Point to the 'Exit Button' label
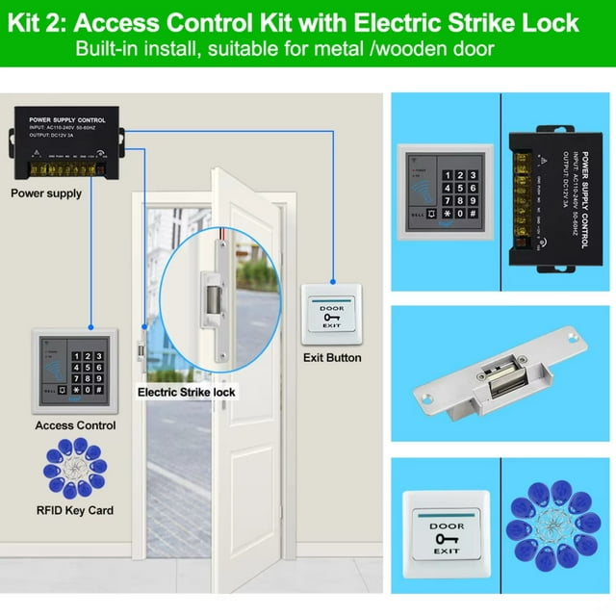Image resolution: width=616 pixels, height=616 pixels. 331,357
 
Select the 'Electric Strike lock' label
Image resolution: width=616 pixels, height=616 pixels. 186,392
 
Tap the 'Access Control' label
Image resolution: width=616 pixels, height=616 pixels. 75,424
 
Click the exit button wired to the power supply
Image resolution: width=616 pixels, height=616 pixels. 331,314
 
